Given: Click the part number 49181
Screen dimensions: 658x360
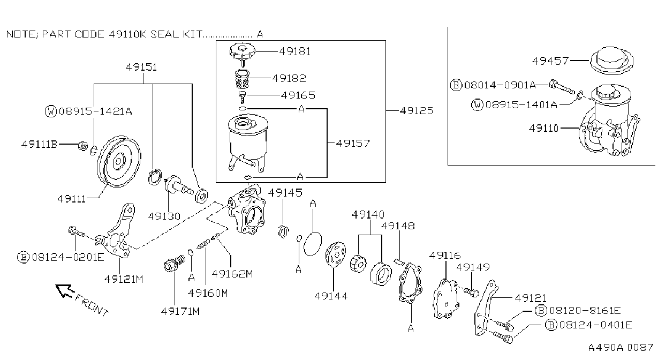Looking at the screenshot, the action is point(294,52).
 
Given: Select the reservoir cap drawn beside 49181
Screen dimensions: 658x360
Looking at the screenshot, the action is point(243,52).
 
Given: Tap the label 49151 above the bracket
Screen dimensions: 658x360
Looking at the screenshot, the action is point(141,67).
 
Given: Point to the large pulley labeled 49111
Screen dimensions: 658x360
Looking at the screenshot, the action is point(119,162).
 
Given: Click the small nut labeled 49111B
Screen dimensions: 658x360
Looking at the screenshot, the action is point(83,145).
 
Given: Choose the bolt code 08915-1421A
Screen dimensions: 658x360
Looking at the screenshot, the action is point(95,111).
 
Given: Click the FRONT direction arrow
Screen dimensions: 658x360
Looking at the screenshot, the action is point(65,291).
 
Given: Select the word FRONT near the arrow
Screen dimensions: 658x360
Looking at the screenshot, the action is point(92,306).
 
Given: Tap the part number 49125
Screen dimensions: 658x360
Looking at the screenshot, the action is point(416,111).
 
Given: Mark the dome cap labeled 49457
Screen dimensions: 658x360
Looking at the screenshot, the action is point(611,61).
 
